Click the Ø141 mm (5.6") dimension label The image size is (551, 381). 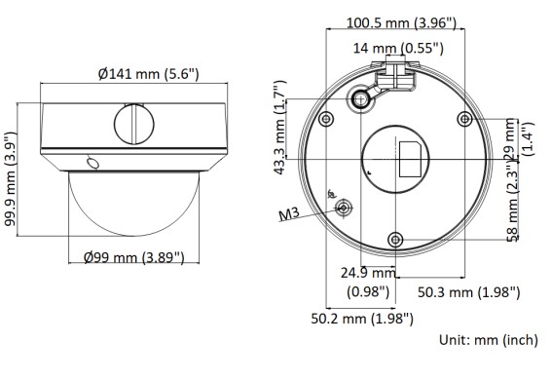(x=148, y=74)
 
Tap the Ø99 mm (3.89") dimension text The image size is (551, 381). (x=134, y=257)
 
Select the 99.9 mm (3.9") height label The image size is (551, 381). (x=11, y=179)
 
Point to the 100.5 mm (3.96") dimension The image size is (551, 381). (x=401, y=23)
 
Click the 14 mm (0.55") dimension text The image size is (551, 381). (x=398, y=48)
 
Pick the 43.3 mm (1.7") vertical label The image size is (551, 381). (x=280, y=128)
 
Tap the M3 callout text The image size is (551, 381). (x=289, y=213)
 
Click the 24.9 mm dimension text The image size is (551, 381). (x=368, y=273)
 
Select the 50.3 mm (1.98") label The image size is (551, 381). (x=469, y=292)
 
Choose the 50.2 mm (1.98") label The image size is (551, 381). (x=362, y=319)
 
